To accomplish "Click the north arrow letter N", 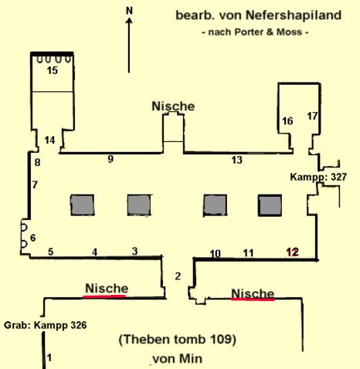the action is (129, 11).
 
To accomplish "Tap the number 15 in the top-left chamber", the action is (53, 70).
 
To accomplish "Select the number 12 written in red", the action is (293, 252).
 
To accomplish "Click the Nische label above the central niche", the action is (173, 107).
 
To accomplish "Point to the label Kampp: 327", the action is (318, 177).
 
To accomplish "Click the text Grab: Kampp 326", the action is (46, 325).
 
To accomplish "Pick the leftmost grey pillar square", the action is (83, 205).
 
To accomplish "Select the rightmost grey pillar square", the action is (270, 205).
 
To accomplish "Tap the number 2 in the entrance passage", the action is (178, 276).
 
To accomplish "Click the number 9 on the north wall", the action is (110, 159).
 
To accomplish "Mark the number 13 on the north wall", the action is (237, 160).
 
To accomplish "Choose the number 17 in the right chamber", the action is (312, 116).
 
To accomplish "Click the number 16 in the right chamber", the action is (287, 121).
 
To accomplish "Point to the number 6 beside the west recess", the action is (33, 238).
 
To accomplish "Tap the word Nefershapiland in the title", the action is (294, 15).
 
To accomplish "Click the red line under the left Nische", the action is (104, 296).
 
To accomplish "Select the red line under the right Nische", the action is (253, 300).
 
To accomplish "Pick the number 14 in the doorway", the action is (49, 140).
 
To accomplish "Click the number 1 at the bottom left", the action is (49, 357).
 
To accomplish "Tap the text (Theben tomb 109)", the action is (178, 340).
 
